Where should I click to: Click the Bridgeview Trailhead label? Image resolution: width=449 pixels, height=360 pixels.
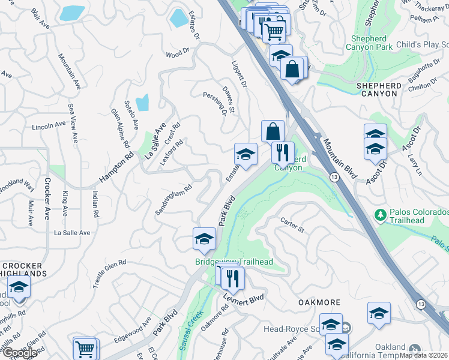click(234, 262)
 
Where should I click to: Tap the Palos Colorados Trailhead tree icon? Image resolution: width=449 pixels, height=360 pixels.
click(379, 214)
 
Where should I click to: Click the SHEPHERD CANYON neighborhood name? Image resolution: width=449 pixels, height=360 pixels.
click(377, 89)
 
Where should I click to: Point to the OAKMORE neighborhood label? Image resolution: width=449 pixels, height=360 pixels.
click(319, 302)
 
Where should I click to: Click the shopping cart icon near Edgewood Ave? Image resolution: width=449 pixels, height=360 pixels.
click(85, 348)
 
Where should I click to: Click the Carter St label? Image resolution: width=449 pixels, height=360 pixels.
click(292, 225)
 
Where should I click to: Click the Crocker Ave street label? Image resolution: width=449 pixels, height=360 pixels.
click(46, 199)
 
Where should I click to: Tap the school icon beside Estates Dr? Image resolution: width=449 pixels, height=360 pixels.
click(245, 155)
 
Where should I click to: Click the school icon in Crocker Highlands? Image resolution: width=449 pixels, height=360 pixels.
click(19, 287)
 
